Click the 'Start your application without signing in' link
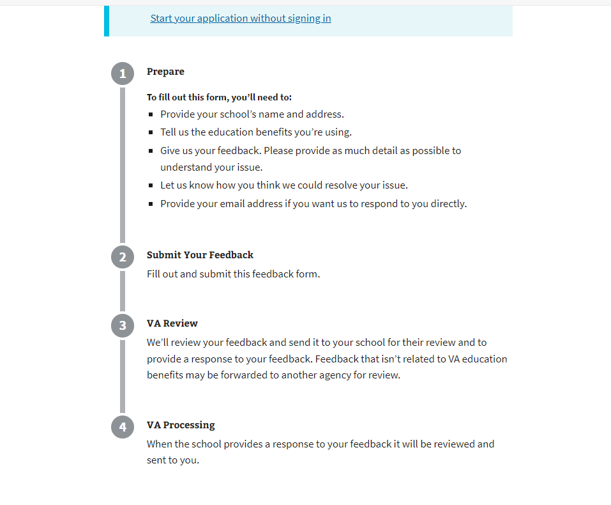(241, 19)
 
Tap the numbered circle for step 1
(123, 74)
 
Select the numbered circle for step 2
(123, 257)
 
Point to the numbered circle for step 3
(123, 325)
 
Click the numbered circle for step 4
(123, 427)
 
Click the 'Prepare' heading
(165, 72)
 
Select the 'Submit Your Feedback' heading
(200, 255)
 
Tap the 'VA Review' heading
(172, 323)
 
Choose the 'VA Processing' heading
(181, 425)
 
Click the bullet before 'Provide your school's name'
(151, 115)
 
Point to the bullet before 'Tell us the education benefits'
(151, 133)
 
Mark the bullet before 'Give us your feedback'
(151, 151)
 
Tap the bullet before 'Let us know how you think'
(151, 186)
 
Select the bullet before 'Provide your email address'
(151, 205)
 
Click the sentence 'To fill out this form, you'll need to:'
(219, 98)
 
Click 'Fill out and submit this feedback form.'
(233, 274)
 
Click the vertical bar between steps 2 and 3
(123, 291)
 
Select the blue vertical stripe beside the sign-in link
(107, 20)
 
